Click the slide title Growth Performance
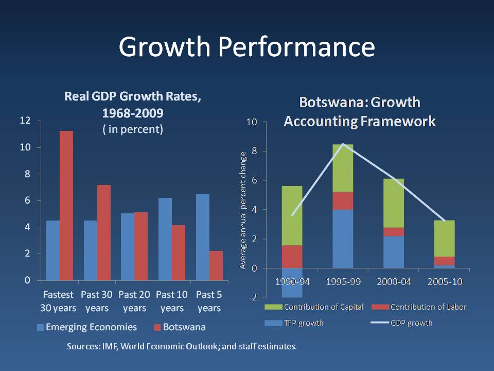[246, 47]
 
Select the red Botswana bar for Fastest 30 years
[66, 206]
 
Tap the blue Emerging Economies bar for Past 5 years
[203, 237]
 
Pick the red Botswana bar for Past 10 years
[179, 252]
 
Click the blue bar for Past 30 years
[91, 250]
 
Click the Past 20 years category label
[134, 301]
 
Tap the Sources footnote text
[182, 346]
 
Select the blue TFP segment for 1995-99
[343, 239]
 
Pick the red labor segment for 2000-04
[394, 231]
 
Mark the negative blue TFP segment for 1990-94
[292, 282]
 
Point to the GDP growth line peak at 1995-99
[343, 144]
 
